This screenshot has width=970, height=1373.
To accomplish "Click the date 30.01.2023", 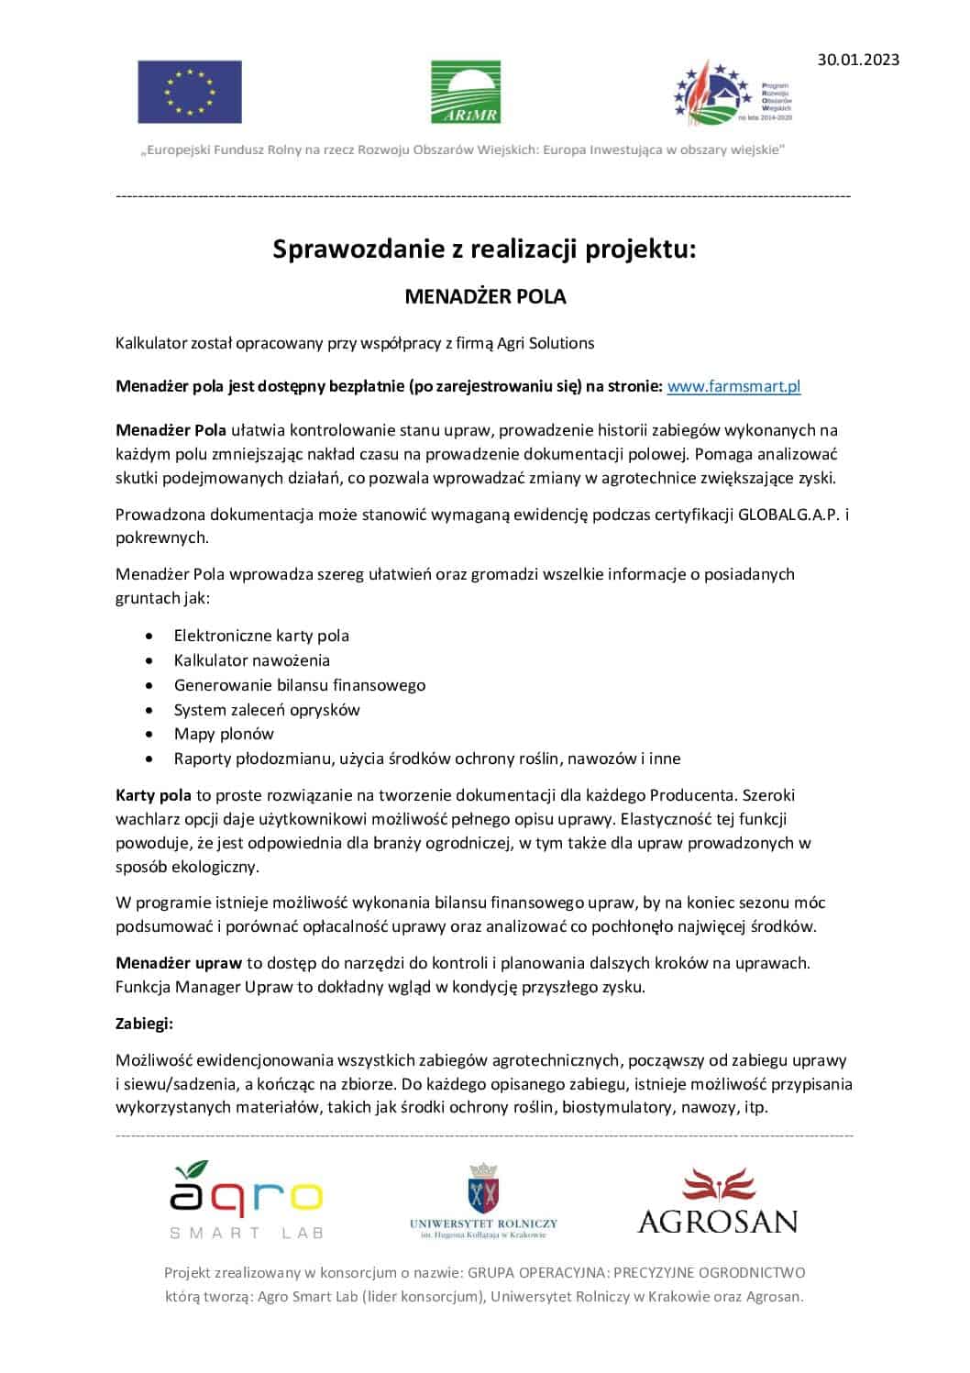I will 858,60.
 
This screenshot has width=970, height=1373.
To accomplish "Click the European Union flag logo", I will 190,92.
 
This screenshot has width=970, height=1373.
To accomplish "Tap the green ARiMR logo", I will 466,92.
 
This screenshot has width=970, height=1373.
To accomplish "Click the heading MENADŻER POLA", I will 485,297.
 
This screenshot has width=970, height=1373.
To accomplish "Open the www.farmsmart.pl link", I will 733,386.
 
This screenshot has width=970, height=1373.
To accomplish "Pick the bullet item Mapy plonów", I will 224,734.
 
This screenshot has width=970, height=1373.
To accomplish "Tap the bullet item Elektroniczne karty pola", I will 261,636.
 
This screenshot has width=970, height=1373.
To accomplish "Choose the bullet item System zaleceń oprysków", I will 267,710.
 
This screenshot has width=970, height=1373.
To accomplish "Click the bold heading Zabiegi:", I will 144,1023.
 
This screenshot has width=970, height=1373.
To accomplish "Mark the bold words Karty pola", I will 153,795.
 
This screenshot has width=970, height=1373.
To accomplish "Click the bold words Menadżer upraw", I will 179,963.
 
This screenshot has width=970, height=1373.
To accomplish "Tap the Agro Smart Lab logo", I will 246,1200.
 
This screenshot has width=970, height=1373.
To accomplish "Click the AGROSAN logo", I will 717,1201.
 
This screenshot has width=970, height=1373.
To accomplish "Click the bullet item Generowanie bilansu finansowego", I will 300,685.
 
